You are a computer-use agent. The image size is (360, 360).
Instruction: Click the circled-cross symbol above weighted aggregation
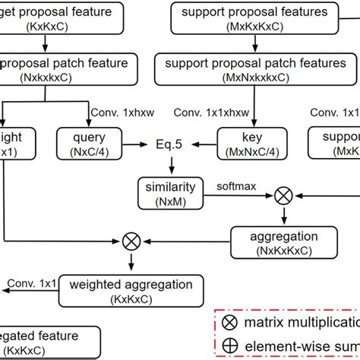pyautogui.click(x=131, y=242)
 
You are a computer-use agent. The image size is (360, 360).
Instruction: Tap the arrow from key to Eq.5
pyautogui.click(x=204, y=142)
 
